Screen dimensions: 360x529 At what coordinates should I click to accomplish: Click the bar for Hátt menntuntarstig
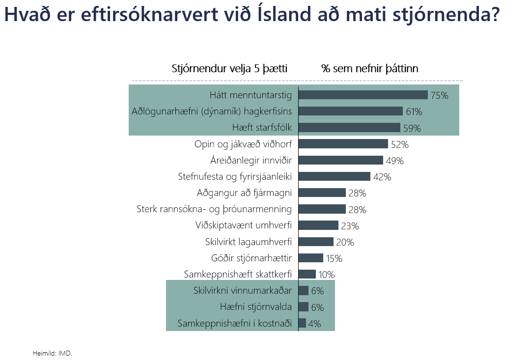tap(363, 95)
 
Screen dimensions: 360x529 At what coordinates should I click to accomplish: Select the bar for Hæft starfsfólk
tap(349, 128)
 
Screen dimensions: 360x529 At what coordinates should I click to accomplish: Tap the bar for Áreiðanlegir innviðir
tap(340, 160)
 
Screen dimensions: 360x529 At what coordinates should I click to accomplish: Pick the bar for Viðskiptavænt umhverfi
tap(318, 225)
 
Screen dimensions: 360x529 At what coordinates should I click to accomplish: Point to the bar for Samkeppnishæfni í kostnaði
tap(302, 323)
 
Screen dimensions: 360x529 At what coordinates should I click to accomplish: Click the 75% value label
tap(439, 95)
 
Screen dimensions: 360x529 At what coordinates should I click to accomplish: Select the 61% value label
tap(414, 111)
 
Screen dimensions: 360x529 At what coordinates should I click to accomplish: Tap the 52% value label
tap(399, 144)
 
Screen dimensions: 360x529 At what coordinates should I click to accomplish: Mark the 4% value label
tap(314, 324)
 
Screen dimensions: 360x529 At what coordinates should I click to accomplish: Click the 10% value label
tap(326, 275)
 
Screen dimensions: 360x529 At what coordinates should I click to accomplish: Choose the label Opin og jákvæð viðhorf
tap(243, 144)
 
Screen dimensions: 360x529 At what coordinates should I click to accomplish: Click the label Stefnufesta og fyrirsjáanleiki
tap(235, 176)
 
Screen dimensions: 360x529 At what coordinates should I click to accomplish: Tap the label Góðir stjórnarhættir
tap(251, 258)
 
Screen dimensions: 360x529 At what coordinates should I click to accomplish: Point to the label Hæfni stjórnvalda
tap(256, 307)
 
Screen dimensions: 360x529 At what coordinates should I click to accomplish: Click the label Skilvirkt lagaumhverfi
tap(249, 242)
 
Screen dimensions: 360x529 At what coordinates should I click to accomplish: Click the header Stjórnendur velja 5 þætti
tap(229, 68)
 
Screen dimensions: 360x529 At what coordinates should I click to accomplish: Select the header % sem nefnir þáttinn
tap(369, 68)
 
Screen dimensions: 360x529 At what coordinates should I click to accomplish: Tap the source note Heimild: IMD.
tap(52, 353)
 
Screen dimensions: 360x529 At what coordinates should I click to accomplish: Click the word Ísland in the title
tap(285, 15)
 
